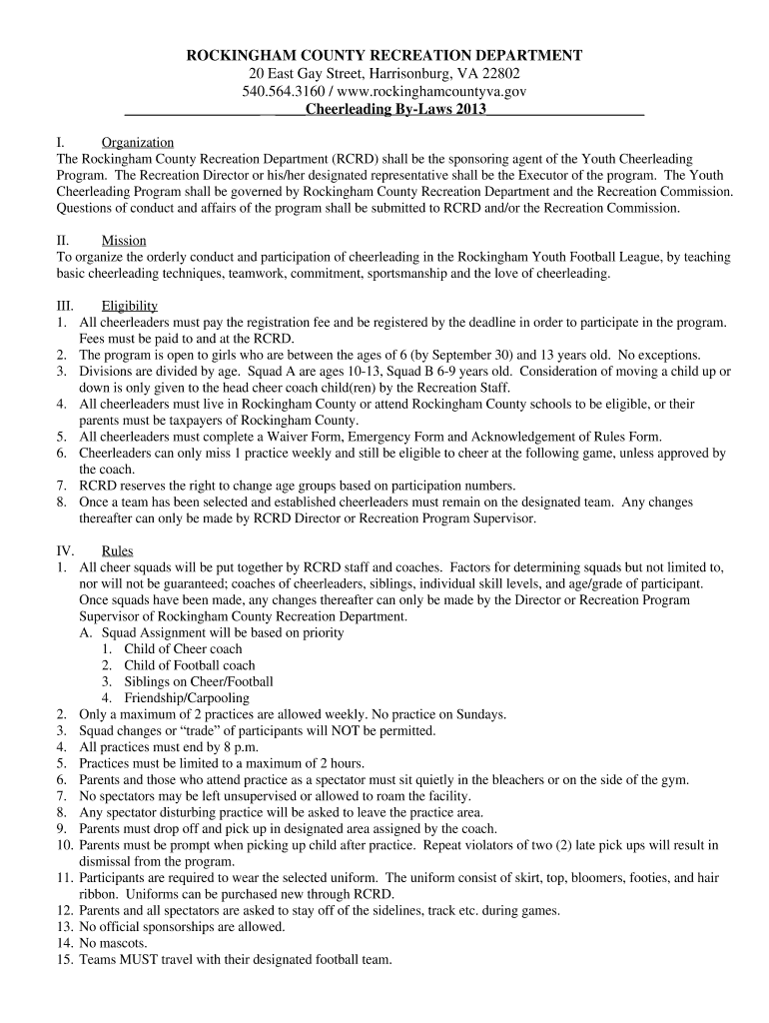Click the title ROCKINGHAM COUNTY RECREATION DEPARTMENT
[x=384, y=55]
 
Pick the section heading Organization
[x=138, y=143]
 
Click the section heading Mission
[x=124, y=241]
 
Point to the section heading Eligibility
[x=130, y=306]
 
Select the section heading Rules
[x=118, y=550]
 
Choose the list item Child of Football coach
[x=189, y=665]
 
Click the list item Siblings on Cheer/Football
[x=198, y=681]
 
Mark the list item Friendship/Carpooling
[x=187, y=698]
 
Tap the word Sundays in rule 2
[x=480, y=714]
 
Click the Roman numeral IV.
[x=67, y=550]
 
